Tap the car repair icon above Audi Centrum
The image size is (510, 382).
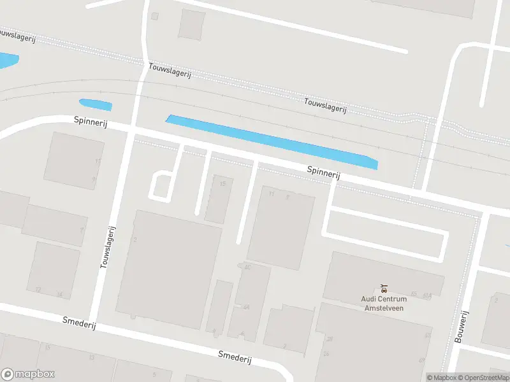click(383, 288)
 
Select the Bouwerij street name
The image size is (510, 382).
click(462, 327)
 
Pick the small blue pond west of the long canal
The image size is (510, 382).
click(95, 104)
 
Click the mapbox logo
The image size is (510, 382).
click(28, 374)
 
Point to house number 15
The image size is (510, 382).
click(222, 184)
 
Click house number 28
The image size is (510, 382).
click(329, 339)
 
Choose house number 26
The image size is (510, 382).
click(326, 353)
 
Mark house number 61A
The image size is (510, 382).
click(426, 295)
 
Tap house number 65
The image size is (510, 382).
click(414, 294)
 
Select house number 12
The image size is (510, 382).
click(38, 290)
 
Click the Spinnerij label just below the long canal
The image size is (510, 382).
click(323, 173)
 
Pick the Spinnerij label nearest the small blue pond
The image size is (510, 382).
click(91, 122)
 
